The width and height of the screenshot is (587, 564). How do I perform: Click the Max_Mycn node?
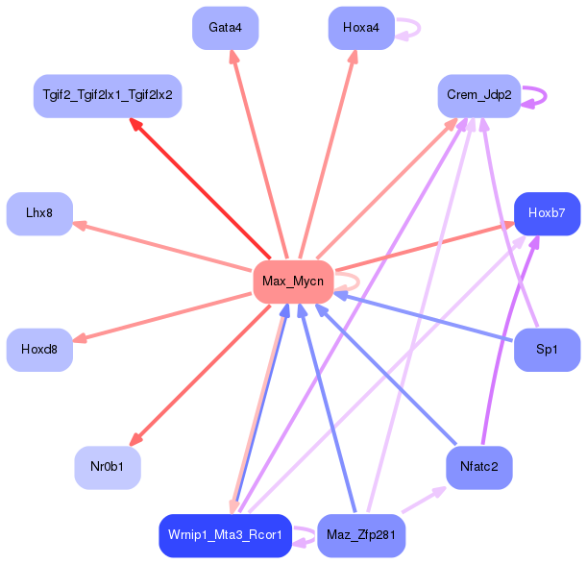293,282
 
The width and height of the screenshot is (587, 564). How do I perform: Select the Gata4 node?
226,28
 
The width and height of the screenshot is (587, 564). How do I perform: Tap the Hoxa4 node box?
361,28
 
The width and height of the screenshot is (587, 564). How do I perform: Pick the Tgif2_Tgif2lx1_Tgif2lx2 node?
108,96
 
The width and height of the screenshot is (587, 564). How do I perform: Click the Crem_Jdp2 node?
479,96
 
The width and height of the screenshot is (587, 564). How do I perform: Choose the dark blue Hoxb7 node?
547,214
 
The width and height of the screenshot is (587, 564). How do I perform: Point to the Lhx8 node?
39,214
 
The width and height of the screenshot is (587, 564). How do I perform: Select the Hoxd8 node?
39,350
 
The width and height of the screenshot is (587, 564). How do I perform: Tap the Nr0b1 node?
108,467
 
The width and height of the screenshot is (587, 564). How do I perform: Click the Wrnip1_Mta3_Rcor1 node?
226,535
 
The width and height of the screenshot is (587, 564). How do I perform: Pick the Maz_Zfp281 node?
361,535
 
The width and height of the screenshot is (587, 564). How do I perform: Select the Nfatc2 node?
479,467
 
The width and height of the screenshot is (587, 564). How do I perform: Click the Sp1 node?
547,350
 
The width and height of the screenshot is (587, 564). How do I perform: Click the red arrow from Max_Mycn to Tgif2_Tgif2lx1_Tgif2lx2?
200,188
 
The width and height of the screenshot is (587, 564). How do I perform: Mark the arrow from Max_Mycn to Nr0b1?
200,376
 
